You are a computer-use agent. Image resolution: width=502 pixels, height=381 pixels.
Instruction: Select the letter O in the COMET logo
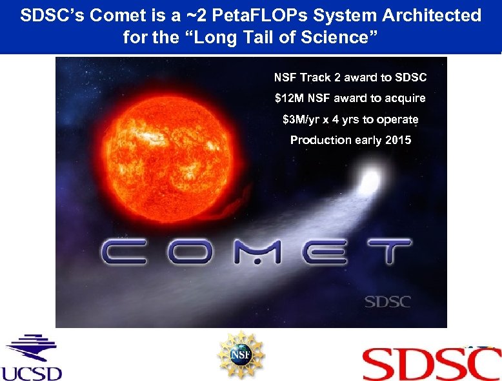[194, 251]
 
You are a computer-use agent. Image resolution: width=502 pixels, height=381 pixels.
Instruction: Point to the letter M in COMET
[257, 251]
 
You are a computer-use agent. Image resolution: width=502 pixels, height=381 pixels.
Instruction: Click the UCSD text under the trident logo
[31, 373]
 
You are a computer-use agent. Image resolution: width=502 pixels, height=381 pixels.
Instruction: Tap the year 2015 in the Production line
[397, 140]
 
